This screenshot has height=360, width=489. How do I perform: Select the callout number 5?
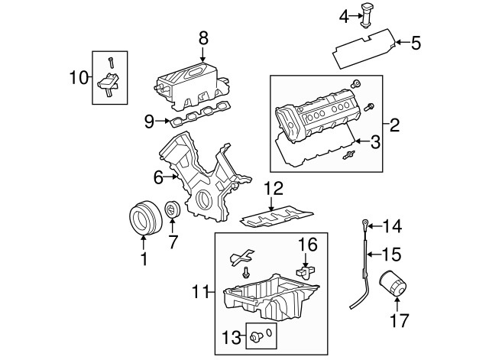click(x=416, y=44)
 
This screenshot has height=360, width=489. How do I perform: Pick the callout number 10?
click(x=78, y=77)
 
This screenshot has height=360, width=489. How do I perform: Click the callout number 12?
click(x=274, y=186)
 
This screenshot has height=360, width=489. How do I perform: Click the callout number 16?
click(x=307, y=244)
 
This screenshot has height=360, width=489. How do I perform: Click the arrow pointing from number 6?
click(x=174, y=177)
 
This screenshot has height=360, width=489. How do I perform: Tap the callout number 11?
click(x=200, y=290)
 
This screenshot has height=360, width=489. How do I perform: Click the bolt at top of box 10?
click(x=111, y=61)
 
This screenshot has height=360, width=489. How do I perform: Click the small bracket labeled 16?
click(x=306, y=269)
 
